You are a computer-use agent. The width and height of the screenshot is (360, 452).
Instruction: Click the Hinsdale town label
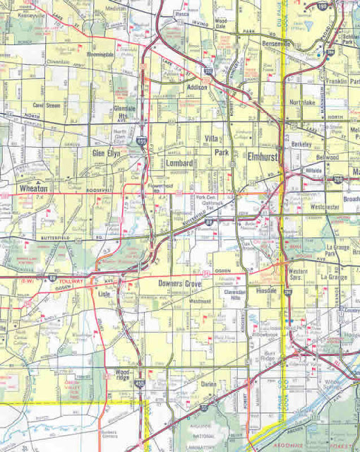[x=268, y=290]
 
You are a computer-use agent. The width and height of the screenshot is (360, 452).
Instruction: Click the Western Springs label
[x=297, y=274]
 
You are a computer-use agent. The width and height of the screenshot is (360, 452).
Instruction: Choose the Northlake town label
[x=302, y=102]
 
